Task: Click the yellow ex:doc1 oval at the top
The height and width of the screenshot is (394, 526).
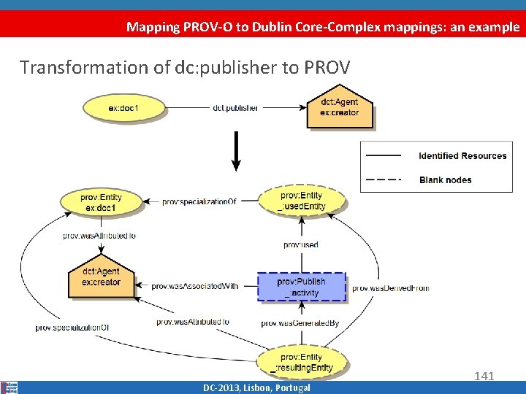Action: click(123, 109)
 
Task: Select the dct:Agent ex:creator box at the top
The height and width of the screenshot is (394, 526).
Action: click(340, 108)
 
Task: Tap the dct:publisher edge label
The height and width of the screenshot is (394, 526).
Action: click(235, 108)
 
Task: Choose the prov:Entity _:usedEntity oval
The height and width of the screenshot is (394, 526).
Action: click(302, 201)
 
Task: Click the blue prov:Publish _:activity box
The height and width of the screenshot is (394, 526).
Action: click(301, 287)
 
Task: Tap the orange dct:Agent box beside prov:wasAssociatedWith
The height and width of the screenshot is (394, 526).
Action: click(101, 277)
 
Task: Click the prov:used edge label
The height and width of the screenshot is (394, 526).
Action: click(300, 244)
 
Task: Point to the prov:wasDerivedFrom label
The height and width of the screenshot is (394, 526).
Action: click(390, 288)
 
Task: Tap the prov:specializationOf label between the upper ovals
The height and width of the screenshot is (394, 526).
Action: click(199, 201)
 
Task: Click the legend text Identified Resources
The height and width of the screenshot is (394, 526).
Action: click(462, 155)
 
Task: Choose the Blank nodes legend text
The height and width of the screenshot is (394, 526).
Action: click(445, 179)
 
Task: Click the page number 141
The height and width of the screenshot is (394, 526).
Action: click(484, 376)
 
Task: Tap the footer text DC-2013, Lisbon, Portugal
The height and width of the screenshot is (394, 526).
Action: click(256, 387)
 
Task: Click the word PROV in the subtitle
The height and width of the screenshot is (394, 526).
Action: click(327, 67)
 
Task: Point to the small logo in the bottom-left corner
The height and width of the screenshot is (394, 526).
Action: click(9, 387)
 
